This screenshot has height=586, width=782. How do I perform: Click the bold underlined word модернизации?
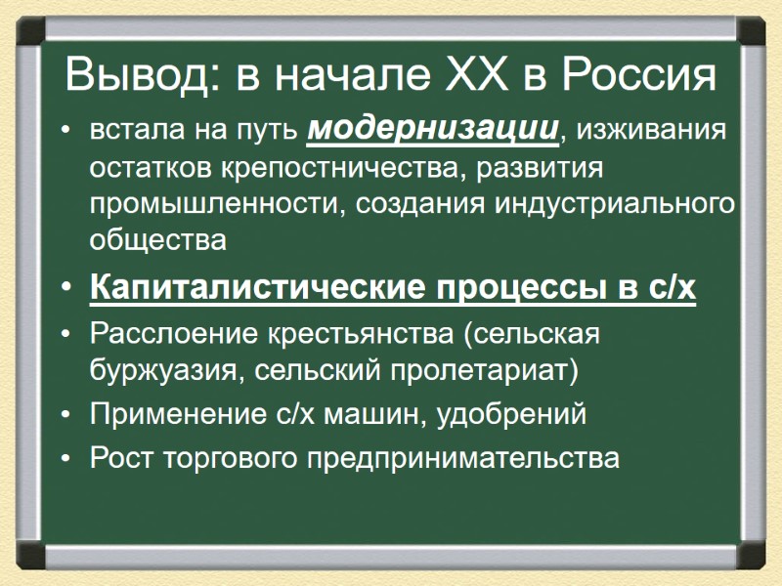434,129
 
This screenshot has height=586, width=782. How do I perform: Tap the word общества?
157,239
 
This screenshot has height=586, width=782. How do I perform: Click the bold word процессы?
514,289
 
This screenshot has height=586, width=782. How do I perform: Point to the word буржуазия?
156,370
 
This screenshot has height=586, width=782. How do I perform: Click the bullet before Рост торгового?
65,458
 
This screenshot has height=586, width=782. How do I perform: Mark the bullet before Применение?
65,415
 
